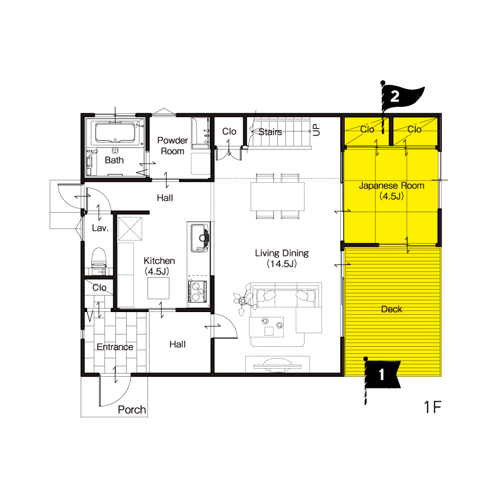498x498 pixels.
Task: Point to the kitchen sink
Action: [x=199, y=238]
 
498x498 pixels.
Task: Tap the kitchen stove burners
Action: [x=198, y=291]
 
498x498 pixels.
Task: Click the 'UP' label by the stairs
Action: [x=316, y=130]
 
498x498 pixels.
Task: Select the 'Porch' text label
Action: [x=132, y=410]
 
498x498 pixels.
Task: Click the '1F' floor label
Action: [x=433, y=407]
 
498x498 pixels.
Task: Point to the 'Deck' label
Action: [x=392, y=309]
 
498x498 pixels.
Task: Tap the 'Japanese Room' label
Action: [x=392, y=185]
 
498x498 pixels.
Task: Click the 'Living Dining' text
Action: [x=282, y=253]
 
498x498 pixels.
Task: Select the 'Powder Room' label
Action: [x=173, y=146]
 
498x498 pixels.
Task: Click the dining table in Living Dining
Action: [x=277, y=196]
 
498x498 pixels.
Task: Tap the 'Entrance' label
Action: [x=115, y=347]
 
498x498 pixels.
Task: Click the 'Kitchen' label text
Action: [x=159, y=261]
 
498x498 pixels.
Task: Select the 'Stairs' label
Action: [x=270, y=132]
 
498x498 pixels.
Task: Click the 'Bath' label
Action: [x=114, y=160]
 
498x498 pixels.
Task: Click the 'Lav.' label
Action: [x=100, y=228]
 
